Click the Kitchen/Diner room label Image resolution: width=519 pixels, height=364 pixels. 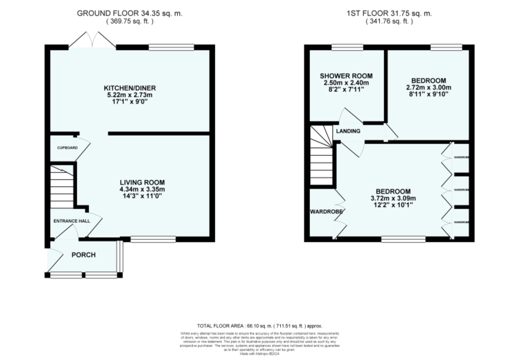130,88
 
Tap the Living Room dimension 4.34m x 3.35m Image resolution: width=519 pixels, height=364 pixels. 142,189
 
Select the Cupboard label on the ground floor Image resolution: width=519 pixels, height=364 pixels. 68,148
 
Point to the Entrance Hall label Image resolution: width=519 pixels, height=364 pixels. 72,221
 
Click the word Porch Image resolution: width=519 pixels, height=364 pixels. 83,255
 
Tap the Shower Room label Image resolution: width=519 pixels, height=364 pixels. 346,76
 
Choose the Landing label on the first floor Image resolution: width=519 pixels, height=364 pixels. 348,131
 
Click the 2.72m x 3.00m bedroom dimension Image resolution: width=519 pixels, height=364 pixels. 429,88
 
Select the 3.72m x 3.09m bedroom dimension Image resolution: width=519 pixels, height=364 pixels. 393,198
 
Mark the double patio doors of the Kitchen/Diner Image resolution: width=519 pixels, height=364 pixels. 92,40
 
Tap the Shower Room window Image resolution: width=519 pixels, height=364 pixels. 347,47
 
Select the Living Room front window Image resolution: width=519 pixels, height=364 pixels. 153,239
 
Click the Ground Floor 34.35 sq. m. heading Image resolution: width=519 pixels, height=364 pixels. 130,13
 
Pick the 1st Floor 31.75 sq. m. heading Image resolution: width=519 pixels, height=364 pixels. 389,13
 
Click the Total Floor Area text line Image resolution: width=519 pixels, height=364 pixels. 260,326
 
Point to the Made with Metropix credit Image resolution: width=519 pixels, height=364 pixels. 260,354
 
